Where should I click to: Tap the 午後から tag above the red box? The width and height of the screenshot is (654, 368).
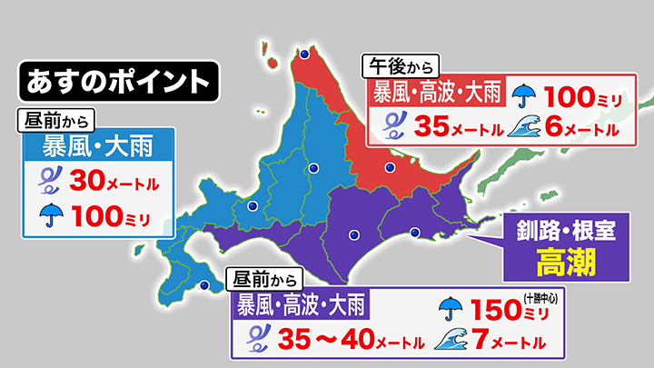click(400, 65)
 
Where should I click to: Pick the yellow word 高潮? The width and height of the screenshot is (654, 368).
click(565, 263)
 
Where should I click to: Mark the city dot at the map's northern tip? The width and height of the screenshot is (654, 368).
click(303, 55)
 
